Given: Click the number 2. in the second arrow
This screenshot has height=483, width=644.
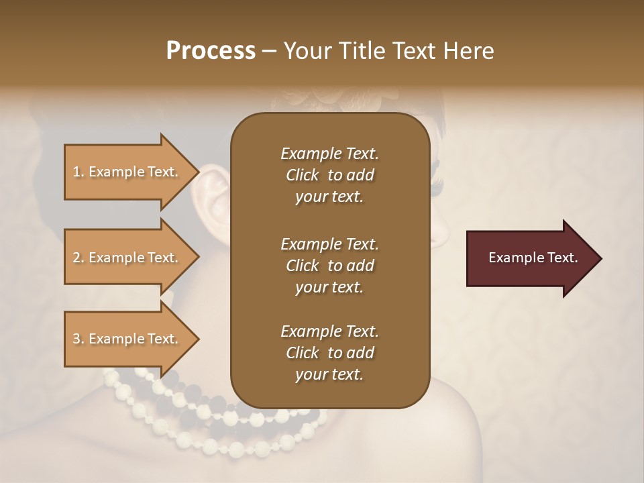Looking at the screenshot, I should (x=78, y=258).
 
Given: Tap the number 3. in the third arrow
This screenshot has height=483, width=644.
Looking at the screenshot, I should (x=78, y=339).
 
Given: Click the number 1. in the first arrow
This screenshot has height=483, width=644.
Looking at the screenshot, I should (x=78, y=172).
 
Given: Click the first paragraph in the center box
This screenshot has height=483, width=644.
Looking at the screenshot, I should (x=329, y=175).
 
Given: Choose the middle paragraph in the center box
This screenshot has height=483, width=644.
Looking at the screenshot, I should (x=329, y=265).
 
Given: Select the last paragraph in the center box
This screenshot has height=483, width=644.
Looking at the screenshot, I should (x=329, y=353).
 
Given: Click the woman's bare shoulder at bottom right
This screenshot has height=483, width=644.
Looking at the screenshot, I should (x=483, y=429).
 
